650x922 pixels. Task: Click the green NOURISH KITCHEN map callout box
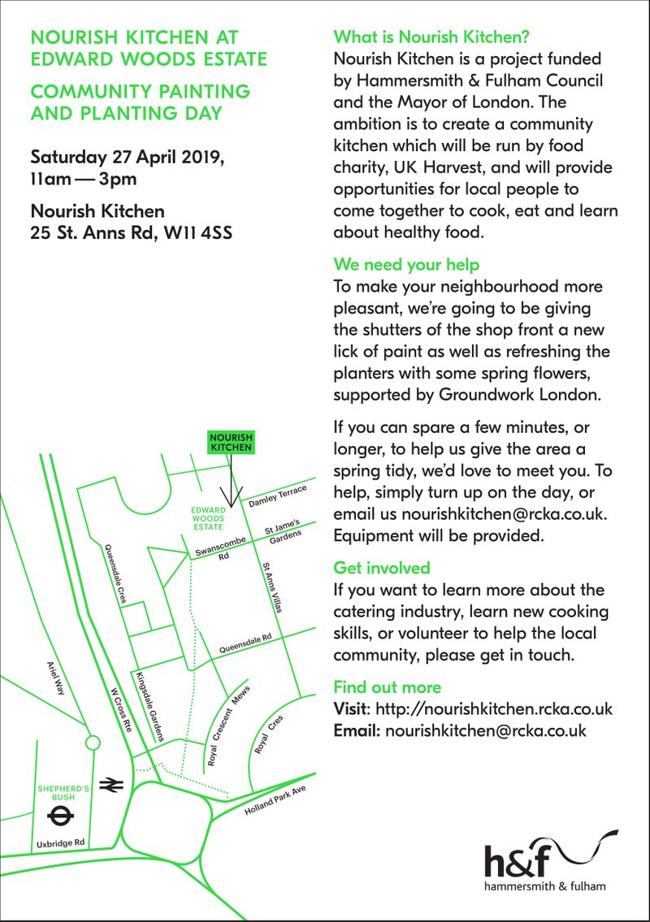tap(232, 442)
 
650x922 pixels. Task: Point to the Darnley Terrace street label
tap(277, 496)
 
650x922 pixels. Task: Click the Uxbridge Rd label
tap(60, 844)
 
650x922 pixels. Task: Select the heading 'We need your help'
tap(406, 265)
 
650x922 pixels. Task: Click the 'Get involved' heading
tap(382, 568)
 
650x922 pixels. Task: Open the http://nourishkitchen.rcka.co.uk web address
tap(494, 708)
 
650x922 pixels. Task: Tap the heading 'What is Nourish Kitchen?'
tap(431, 37)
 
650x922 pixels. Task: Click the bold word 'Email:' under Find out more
tap(357, 730)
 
